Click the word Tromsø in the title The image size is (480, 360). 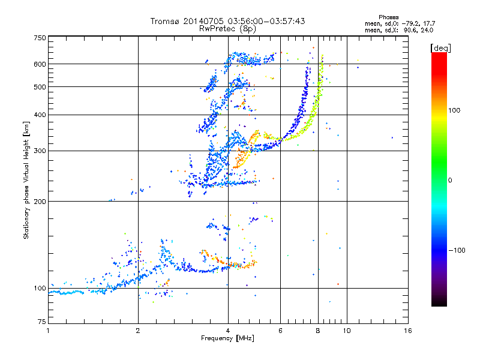(165, 21)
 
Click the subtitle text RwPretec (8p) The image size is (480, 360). (227, 29)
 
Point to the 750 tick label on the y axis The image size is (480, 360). (40, 38)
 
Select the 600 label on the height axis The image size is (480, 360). (40, 64)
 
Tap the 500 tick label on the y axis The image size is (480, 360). (40, 87)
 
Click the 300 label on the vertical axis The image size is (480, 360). (40, 151)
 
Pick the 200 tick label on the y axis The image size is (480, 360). (40, 202)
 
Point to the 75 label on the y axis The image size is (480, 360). (42, 322)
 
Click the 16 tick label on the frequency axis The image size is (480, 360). (408, 331)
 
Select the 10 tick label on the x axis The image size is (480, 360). (347, 331)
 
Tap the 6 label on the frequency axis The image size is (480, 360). (280, 331)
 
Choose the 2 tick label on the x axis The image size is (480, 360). (138, 331)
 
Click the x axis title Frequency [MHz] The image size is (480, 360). (227, 338)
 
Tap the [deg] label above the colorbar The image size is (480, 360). (440, 49)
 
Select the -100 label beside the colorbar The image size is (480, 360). (457, 250)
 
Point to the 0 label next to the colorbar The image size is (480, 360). (449, 181)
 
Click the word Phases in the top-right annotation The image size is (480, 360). (388, 17)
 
